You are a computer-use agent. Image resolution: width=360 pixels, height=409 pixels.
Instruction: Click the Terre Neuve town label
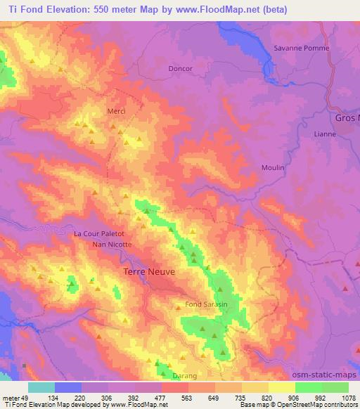click(x=149, y=271)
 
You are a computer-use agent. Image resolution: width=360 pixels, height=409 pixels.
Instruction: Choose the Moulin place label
click(x=273, y=167)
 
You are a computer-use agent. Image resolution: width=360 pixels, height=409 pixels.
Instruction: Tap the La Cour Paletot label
click(x=99, y=233)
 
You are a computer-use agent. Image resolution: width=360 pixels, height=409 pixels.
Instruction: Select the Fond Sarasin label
click(x=206, y=304)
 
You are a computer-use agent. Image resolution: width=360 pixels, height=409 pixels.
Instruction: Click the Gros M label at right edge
click(x=347, y=117)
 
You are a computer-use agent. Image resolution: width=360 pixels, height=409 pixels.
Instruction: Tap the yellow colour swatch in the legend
click(x=282, y=387)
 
